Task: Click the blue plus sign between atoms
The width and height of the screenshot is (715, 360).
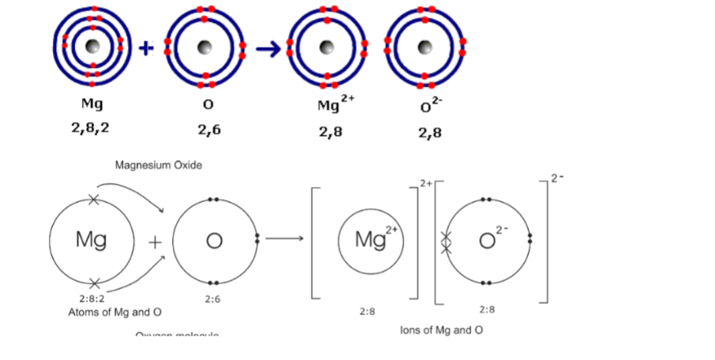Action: [144, 47]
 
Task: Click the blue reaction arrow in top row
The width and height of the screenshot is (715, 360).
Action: [269, 48]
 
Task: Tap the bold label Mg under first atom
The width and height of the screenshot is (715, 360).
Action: [92, 103]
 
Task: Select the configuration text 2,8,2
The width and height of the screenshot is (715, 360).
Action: [91, 128]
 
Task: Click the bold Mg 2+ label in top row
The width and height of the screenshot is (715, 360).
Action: [331, 104]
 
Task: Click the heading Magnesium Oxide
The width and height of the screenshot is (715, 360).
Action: [159, 166]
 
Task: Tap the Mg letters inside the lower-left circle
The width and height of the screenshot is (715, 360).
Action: [91, 239]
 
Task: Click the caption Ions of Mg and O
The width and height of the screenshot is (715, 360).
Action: [441, 330]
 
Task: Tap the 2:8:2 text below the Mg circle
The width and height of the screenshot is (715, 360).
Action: [92, 299]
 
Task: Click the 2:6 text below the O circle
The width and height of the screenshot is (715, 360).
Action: [212, 299]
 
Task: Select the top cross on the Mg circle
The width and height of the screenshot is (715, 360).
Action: [94, 200]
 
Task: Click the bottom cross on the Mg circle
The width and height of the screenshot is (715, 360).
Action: [94, 282]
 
